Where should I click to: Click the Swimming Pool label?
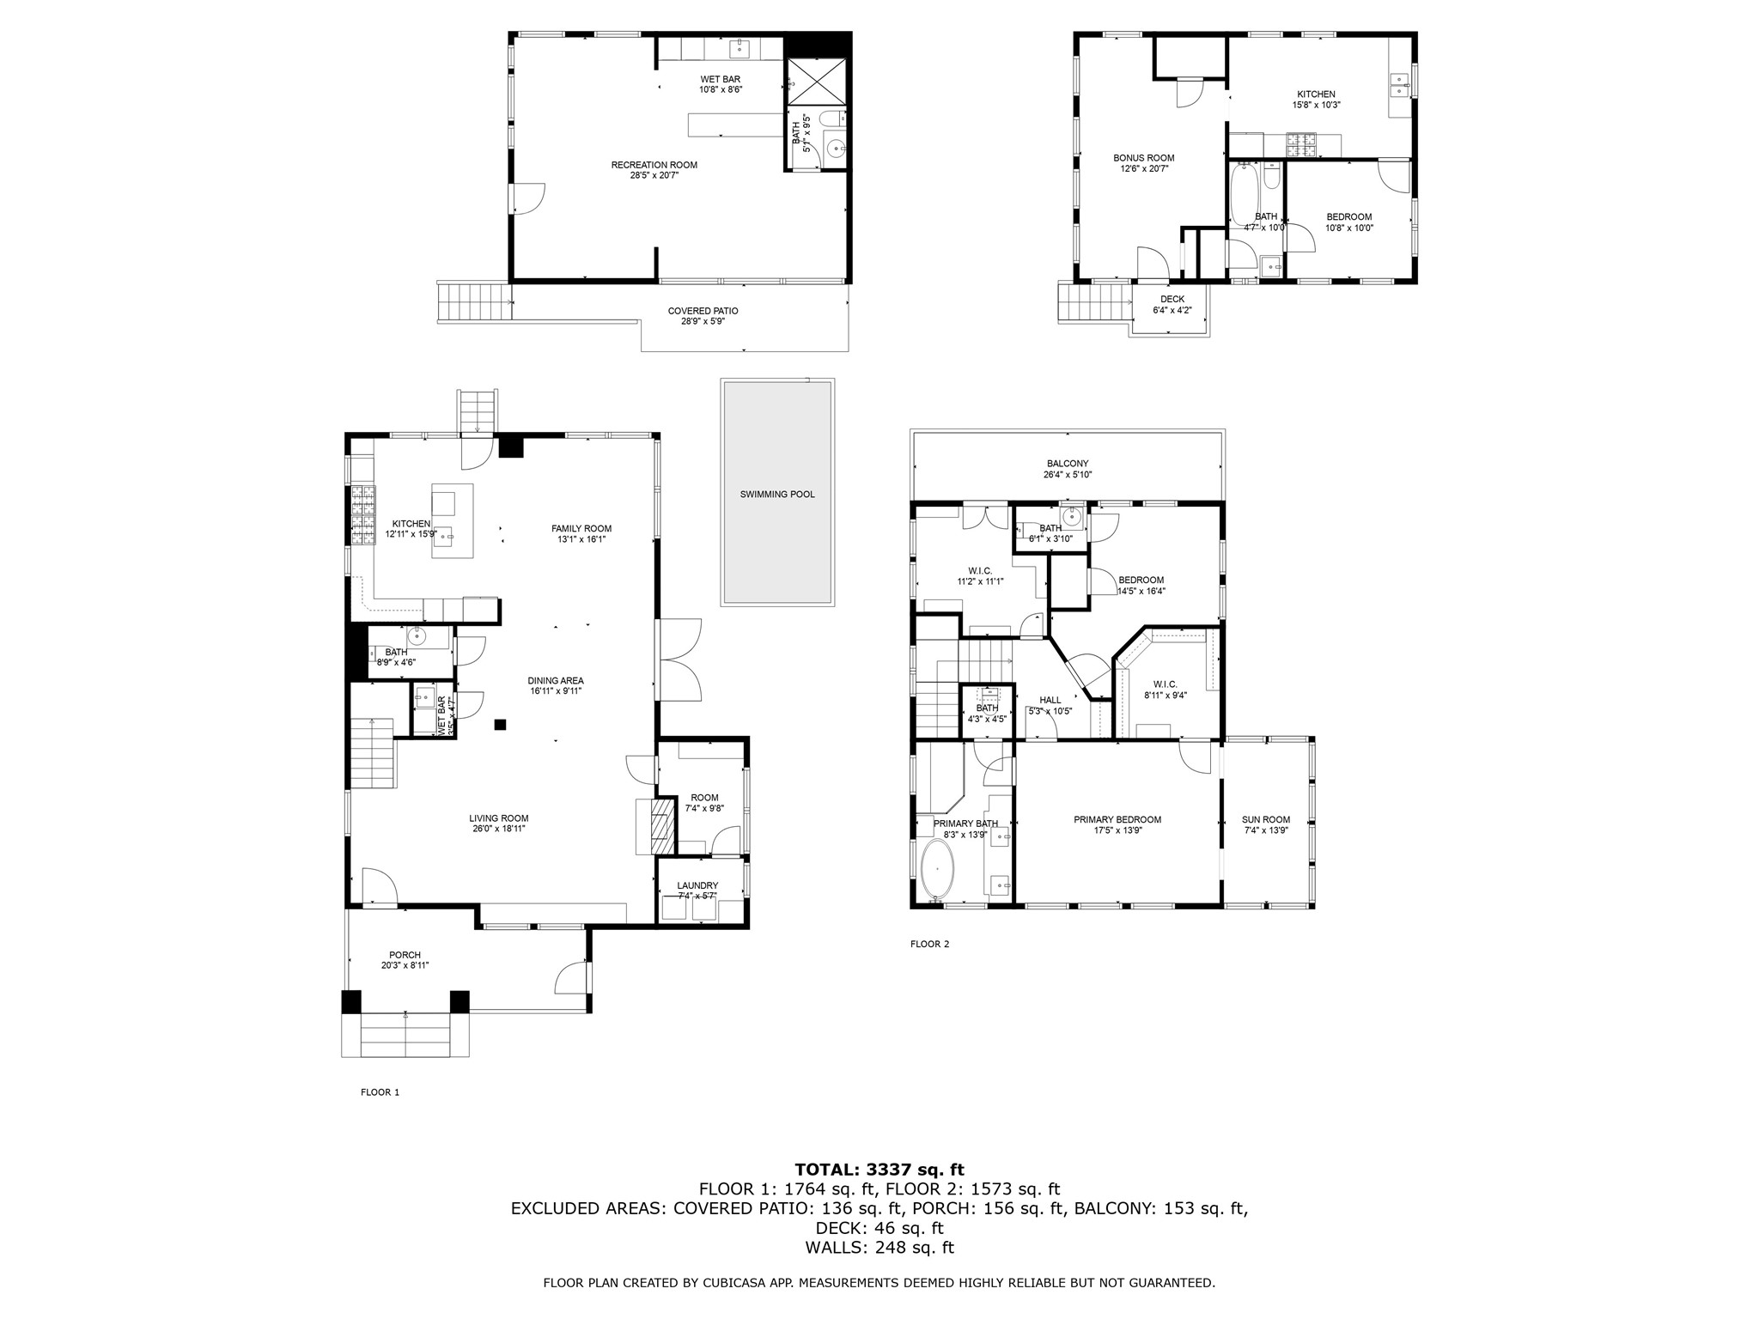pos(777,495)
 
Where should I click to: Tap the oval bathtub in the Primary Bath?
pos(937,869)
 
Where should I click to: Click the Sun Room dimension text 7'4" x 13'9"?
pos(1266,830)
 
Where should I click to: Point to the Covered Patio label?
pos(703,311)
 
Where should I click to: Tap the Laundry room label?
pos(697,885)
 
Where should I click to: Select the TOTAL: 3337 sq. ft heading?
pos(879,1169)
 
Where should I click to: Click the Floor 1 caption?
pos(380,1092)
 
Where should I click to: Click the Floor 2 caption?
pos(929,944)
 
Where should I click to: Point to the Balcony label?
pos(1067,464)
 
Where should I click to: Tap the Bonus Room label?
pos(1143,158)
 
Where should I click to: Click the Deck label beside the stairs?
pos(1172,299)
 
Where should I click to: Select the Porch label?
pos(405,955)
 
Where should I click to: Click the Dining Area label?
pos(556,681)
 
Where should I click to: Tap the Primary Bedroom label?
pos(1117,819)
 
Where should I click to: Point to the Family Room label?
pos(581,529)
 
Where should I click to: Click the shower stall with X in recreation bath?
pos(817,82)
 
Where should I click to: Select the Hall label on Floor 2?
pos(1050,700)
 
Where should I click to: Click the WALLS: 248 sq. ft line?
pos(879,1248)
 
